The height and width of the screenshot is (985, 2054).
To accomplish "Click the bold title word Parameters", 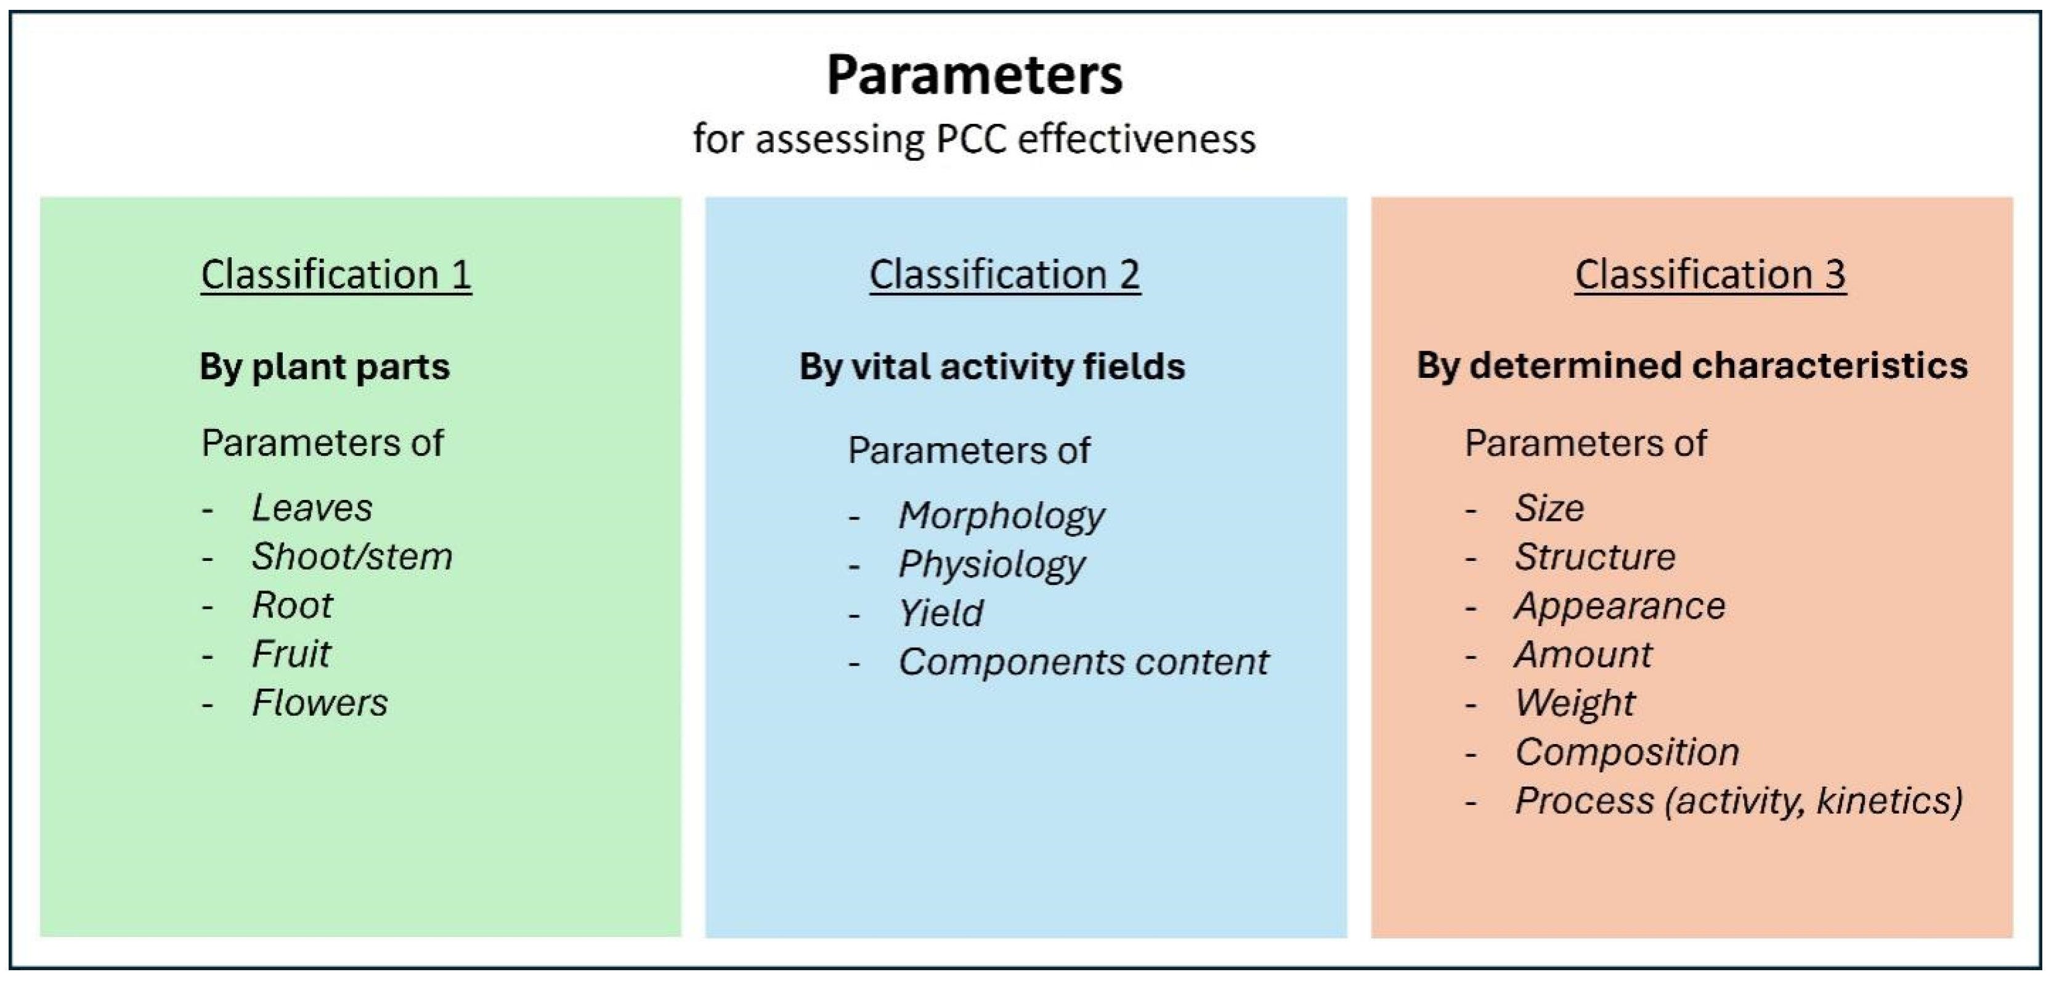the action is pyautogui.click(x=975, y=75).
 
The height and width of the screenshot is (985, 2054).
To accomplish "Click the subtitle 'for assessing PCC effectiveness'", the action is pyautogui.click(x=975, y=139).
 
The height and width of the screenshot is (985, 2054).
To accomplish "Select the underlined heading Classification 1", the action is pyautogui.click(x=336, y=275).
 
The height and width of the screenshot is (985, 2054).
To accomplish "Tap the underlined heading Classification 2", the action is pyautogui.click(x=1005, y=275).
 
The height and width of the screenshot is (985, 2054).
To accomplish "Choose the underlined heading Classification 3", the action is pyautogui.click(x=1710, y=275).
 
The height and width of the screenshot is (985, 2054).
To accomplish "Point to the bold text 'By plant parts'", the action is pyautogui.click(x=325, y=367).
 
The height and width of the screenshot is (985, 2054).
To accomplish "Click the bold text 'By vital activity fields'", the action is pyautogui.click(x=992, y=367).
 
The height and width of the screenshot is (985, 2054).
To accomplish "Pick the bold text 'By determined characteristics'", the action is pyautogui.click(x=1692, y=366).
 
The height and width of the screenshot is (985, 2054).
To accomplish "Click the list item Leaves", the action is pyautogui.click(x=312, y=508).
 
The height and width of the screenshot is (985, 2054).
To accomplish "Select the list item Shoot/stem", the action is pyautogui.click(x=352, y=557).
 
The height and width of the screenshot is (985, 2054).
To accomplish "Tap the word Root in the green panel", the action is pyautogui.click(x=292, y=605).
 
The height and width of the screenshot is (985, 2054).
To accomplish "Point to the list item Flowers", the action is pyautogui.click(x=320, y=703).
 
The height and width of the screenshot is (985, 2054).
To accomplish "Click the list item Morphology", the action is pyautogui.click(x=1002, y=517).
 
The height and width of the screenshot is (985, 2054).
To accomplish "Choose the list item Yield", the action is pyautogui.click(x=941, y=613).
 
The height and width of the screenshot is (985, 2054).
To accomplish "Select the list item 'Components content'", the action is pyautogui.click(x=1084, y=662).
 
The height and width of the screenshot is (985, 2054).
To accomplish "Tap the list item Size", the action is pyautogui.click(x=1549, y=508).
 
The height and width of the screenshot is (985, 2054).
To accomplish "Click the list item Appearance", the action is pyautogui.click(x=1620, y=606).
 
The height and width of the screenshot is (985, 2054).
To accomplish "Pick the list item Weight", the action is pyautogui.click(x=1575, y=703).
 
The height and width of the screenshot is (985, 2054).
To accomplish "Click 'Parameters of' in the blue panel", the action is pyautogui.click(x=969, y=451).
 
